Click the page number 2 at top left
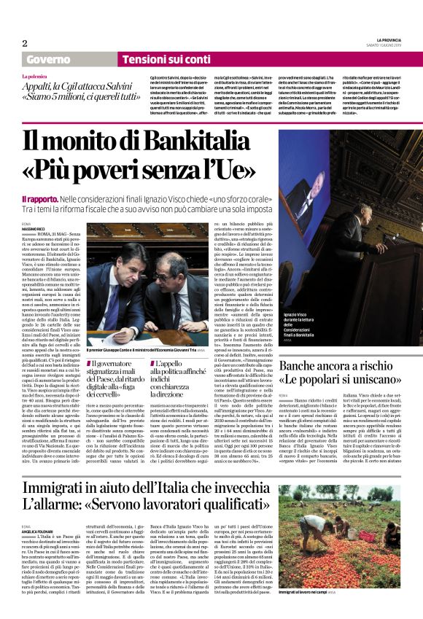(x=26, y=43)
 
